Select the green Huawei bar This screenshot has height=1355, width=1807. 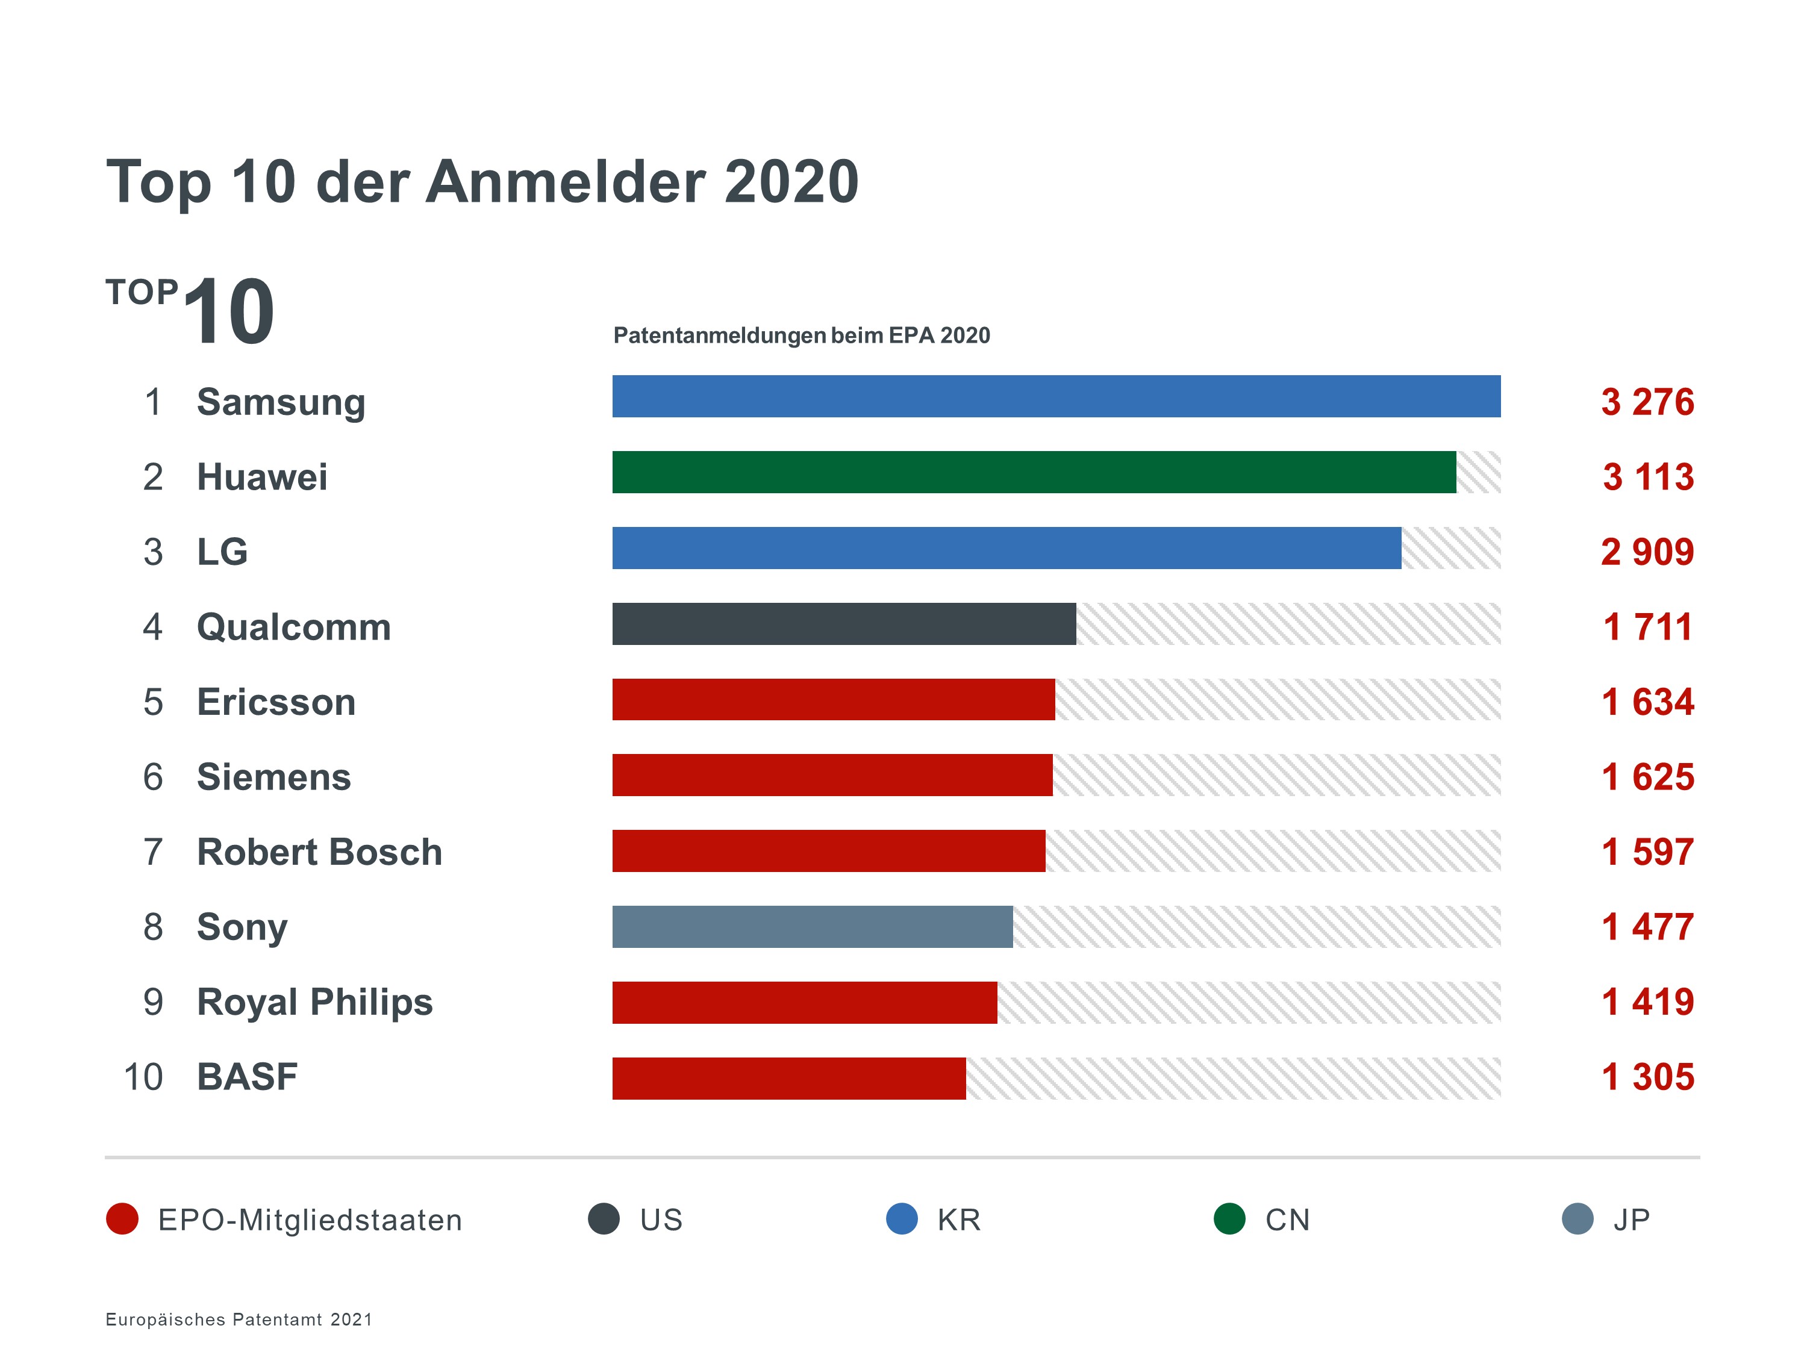1034,472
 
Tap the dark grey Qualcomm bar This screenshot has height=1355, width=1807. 843,624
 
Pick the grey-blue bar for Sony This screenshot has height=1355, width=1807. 812,926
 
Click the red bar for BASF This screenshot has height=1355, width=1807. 788,1078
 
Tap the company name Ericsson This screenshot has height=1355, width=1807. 276,702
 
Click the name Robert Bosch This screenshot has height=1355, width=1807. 319,852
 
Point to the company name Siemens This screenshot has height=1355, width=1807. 273,777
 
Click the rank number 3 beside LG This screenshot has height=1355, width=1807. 153,552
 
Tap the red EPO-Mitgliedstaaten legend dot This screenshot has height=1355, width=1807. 122,1219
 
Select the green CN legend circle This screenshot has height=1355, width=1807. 1229,1219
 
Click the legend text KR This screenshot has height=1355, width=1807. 958,1219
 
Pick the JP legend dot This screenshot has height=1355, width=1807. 1578,1219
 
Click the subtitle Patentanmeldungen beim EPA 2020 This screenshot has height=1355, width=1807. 801,335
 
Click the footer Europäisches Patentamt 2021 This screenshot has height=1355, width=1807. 239,1319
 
